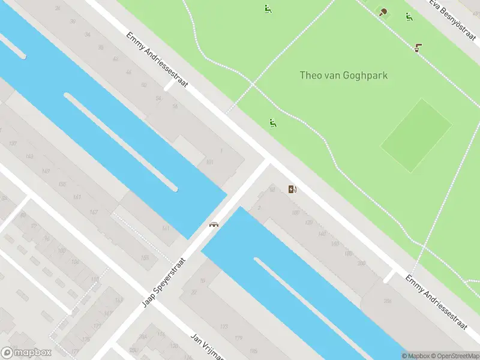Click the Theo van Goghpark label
(343, 76)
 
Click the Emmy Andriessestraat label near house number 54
(157, 60)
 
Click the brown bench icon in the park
(418, 47)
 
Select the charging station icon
(292, 190)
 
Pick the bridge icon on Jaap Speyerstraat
(213, 224)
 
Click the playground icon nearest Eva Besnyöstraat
(409, 17)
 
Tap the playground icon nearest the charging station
(273, 123)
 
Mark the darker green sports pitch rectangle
(416, 135)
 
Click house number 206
(387, 301)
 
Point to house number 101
(209, 162)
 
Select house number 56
(175, 106)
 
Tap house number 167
(94, 212)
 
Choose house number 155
(145, 257)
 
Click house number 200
(361, 263)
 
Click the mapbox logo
(26, 353)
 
